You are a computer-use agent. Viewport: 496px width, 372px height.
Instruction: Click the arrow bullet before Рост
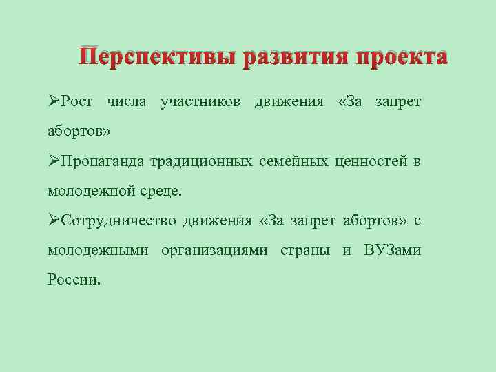click(54, 102)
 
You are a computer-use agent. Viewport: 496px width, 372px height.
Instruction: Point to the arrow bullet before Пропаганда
click(54, 161)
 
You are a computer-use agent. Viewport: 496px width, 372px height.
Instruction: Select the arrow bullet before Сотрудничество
click(54, 220)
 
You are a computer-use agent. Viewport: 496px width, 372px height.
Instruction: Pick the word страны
click(304, 250)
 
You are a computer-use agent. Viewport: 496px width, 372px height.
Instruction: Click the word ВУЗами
click(392, 250)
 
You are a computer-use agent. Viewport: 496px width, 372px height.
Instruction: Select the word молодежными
click(98, 250)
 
